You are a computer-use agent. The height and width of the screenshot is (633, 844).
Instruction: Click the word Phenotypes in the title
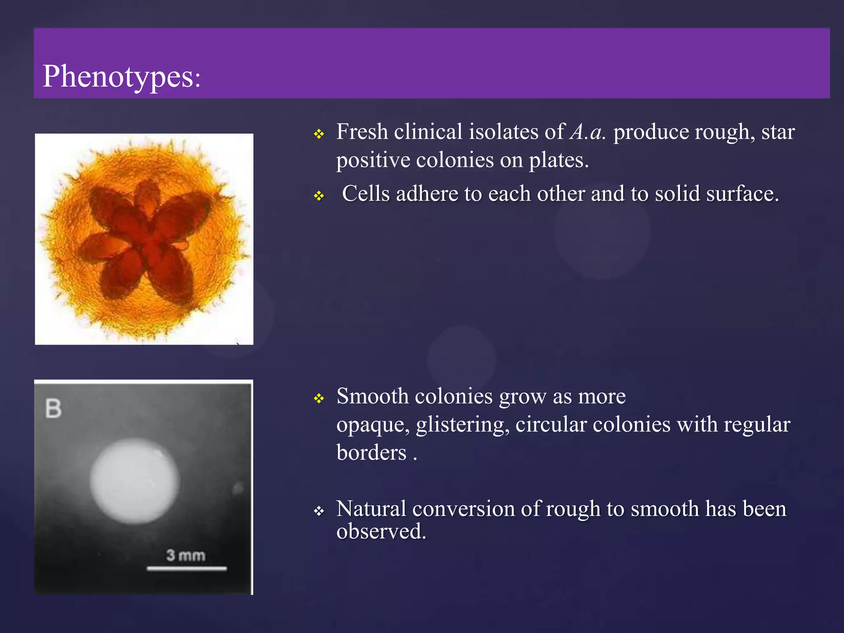[118, 77]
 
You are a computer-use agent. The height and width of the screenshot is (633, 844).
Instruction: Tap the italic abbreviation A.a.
[587, 132]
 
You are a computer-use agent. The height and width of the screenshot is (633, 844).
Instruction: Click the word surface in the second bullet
[740, 194]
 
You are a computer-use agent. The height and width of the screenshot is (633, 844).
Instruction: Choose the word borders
[371, 452]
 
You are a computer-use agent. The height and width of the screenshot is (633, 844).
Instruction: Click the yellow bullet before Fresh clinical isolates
[319, 134]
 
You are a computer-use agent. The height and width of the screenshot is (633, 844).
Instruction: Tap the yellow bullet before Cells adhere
[319, 196]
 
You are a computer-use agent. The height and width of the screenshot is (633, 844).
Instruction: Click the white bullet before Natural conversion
[319, 512]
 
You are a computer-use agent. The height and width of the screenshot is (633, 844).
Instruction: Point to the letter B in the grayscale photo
[54, 409]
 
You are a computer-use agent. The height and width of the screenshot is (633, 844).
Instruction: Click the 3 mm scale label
[186, 556]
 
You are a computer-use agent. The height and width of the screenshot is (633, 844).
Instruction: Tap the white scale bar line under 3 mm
[187, 569]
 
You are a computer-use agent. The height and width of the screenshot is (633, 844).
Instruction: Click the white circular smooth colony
[135, 481]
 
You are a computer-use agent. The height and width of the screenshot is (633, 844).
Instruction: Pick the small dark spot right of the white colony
[238, 489]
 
